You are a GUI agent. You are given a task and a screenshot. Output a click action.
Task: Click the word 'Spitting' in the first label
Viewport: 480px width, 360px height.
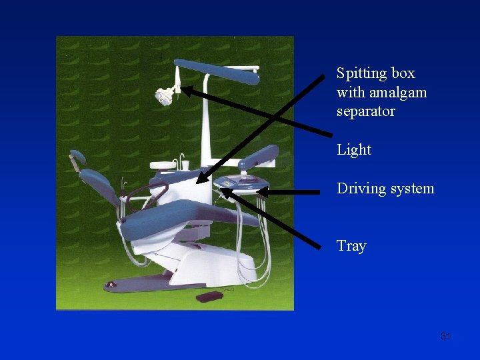tap(361, 73)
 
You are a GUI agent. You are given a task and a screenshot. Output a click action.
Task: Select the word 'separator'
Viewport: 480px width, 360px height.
tap(366, 111)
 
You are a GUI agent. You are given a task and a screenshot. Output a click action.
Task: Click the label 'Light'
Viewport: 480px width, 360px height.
tap(354, 150)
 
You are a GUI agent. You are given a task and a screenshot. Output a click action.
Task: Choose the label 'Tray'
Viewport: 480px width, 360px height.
tap(351, 246)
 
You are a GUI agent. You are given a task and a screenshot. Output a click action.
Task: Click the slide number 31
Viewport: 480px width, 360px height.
tap(446, 336)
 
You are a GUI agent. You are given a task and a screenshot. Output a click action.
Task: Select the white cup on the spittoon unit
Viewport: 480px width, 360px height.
tap(185, 165)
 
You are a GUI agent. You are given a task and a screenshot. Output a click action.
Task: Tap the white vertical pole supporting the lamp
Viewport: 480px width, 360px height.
tap(207, 120)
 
